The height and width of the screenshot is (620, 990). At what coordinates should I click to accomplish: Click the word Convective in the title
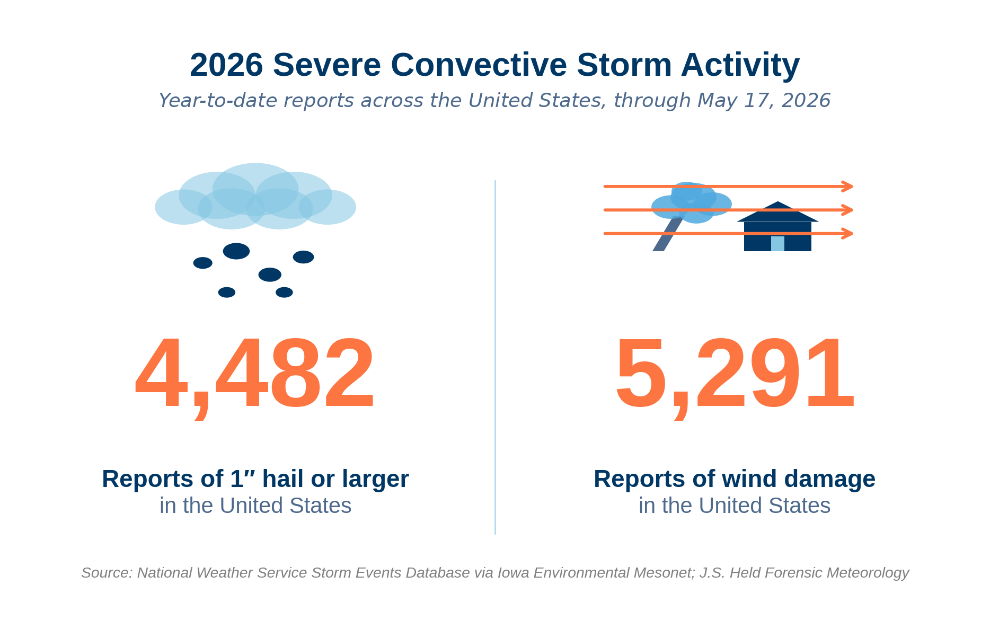479,65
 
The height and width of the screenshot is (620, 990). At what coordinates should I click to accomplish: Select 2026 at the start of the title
226,65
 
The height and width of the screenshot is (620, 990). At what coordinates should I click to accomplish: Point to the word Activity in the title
740,66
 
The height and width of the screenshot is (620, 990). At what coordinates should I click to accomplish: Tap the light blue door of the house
777,244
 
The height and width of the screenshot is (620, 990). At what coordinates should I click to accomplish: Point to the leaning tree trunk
667,234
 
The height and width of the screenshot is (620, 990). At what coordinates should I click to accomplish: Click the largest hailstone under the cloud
236,251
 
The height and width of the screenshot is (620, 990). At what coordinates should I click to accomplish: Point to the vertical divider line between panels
495,357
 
